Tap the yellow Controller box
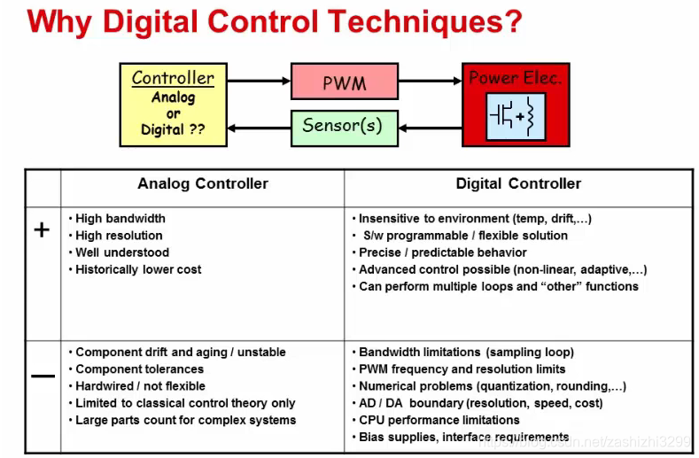tap(173, 104)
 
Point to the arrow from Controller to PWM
tap(259, 82)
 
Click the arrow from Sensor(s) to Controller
tap(259, 128)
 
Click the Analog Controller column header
tap(202, 184)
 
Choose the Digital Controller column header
tap(518, 184)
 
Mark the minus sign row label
tap(42, 376)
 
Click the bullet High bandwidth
tap(120, 219)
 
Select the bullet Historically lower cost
tap(137, 269)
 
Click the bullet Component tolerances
tap(139, 369)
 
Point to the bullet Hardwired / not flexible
tap(140, 386)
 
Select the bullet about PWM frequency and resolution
tap(462, 369)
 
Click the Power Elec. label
tap(515, 78)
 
